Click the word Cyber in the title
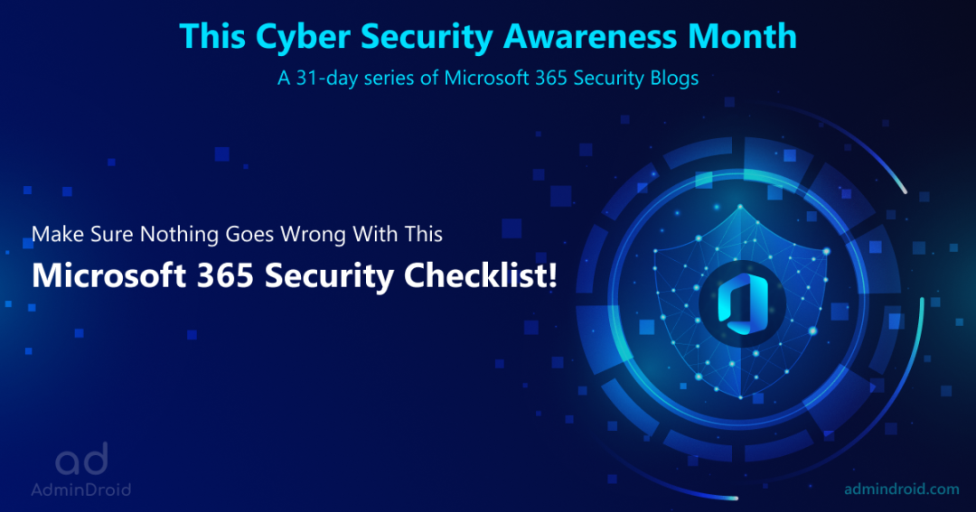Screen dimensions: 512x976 pyautogui.click(x=287, y=36)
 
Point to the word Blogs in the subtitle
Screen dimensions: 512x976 pyautogui.click(x=671, y=79)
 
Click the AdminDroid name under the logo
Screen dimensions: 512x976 pyautogui.click(x=80, y=489)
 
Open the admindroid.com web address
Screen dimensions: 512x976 pyautogui.click(x=900, y=489)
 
